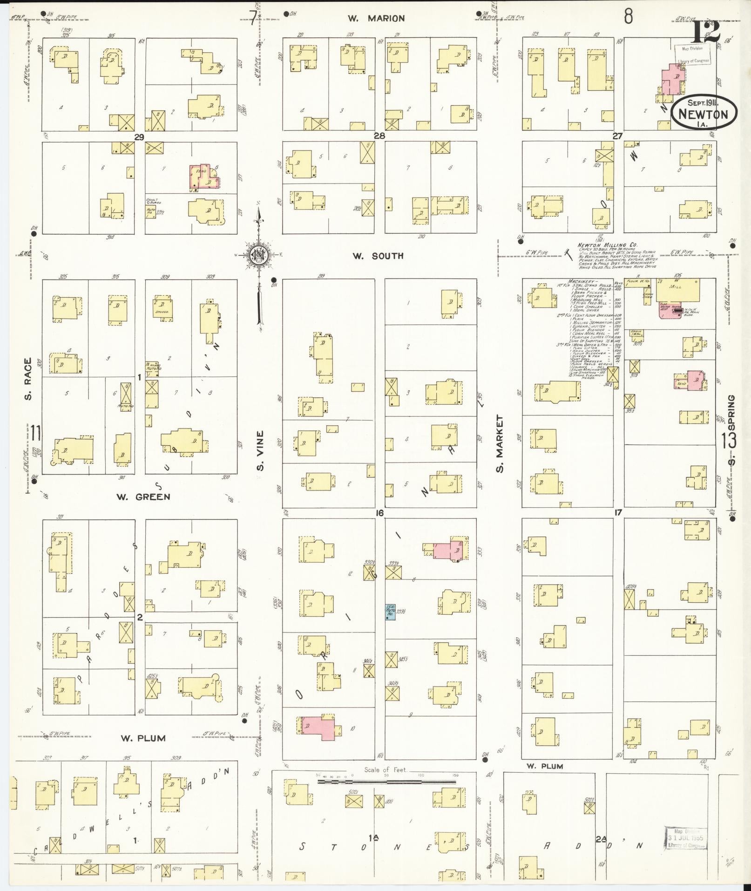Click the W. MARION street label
tap(376, 19)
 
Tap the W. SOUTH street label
tap(378, 256)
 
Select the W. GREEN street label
tap(143, 497)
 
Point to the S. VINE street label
tap(260, 450)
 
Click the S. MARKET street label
tap(501, 444)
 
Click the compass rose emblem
tap(257, 254)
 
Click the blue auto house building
tap(390, 612)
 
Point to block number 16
tap(379, 513)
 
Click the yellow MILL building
tap(677, 290)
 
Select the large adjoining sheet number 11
tap(36, 433)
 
